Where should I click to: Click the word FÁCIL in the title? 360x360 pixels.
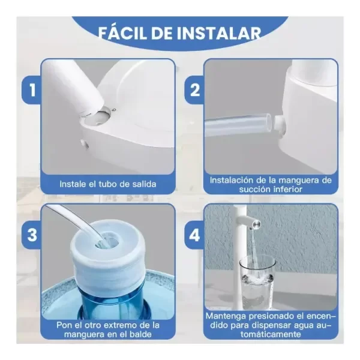[122, 33]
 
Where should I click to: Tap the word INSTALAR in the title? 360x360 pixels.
[219, 33]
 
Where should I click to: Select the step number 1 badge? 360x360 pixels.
[32, 90]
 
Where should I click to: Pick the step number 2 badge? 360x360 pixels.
[194, 90]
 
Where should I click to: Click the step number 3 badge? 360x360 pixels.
[32, 235]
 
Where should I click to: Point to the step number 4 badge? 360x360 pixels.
[194, 235]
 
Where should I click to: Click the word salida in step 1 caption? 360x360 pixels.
[144, 184]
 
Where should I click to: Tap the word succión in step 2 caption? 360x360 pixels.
[255, 190]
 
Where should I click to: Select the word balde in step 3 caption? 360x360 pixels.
[140, 334]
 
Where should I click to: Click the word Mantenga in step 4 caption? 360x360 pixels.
[226, 316]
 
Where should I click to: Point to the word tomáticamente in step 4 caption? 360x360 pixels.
[271, 334]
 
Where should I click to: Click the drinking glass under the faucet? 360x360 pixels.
[257, 282]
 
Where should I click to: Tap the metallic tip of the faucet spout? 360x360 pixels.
[257, 224]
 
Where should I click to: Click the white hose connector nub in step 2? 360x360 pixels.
[279, 122]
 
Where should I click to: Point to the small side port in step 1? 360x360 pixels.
[84, 144]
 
